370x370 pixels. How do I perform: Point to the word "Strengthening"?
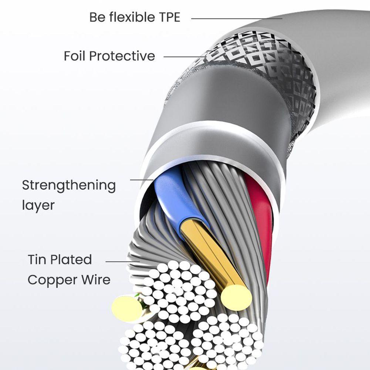click(x=69, y=185)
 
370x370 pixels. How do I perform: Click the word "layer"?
click(x=38, y=205)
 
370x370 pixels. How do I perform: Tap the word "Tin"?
click(x=37, y=259)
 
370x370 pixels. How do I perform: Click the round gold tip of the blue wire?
click(x=236, y=296)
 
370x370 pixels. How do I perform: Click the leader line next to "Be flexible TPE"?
click(x=237, y=18)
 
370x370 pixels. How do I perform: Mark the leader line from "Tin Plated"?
click(x=122, y=261)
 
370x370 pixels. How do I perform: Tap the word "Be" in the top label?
click(x=97, y=17)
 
